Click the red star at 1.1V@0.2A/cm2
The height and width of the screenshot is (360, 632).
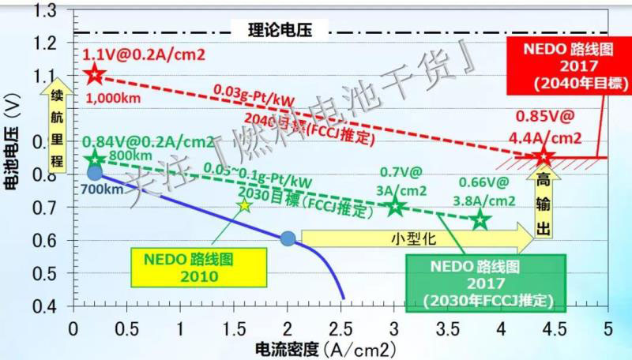95,75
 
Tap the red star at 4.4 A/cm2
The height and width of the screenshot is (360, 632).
543,157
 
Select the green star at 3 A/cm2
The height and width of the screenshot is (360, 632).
395,207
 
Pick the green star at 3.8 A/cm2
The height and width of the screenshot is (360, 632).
480,220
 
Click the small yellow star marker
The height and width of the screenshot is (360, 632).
244,205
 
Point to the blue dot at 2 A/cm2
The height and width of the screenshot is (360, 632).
288,238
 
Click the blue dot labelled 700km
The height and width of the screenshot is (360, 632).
95,173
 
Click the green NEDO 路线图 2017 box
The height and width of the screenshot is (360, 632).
485,282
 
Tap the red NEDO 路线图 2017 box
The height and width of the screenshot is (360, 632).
566,63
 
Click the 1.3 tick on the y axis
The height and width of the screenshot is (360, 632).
51,10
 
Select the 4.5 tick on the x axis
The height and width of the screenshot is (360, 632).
555,327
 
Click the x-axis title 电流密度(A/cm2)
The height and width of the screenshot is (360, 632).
315,347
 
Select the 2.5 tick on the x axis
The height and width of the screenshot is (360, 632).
341,327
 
